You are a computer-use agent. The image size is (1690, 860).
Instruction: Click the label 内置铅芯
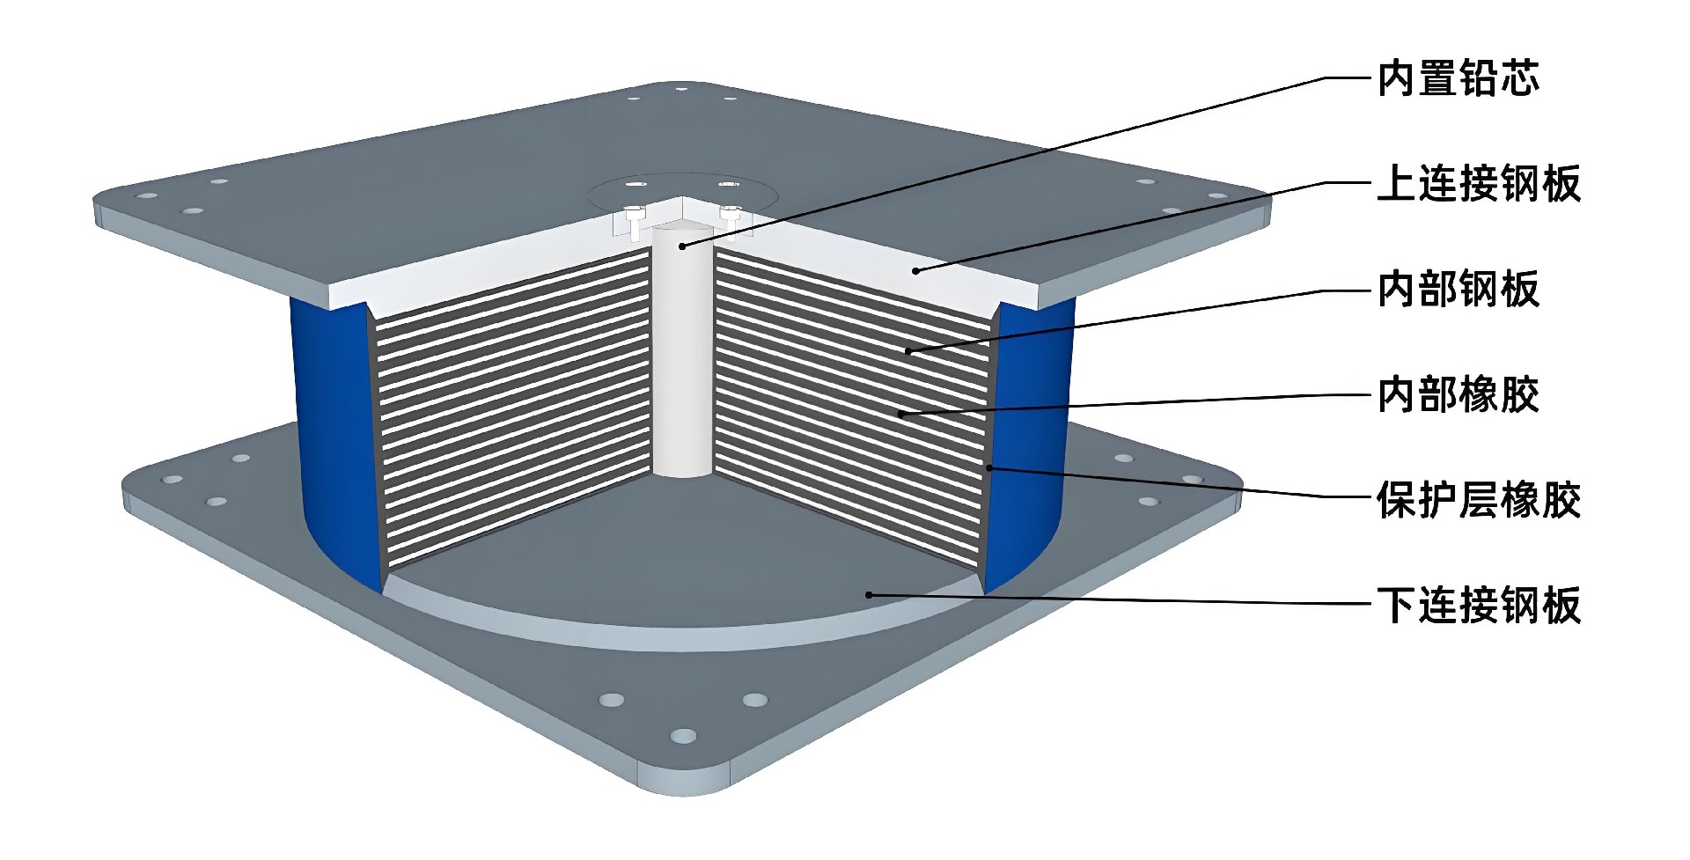point(1459,78)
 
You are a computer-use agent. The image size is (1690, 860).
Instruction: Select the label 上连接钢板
point(1479,184)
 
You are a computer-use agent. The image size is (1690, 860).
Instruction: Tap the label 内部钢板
point(1459,290)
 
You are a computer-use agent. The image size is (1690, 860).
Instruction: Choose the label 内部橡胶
point(1459,394)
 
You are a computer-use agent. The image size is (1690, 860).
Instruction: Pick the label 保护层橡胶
point(1479,500)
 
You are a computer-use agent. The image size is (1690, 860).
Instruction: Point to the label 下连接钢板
point(1479,606)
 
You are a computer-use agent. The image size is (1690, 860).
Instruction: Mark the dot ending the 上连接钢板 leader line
point(915,270)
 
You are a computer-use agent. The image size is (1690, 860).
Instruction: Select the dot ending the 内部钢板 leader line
point(908,352)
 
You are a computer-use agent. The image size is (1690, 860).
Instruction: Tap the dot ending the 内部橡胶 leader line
point(901,414)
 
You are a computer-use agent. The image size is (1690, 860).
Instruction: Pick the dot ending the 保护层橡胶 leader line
point(989,467)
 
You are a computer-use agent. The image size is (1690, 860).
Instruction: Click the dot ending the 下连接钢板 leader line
point(869,595)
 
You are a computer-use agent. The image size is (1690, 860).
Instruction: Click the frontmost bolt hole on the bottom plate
point(683,736)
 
